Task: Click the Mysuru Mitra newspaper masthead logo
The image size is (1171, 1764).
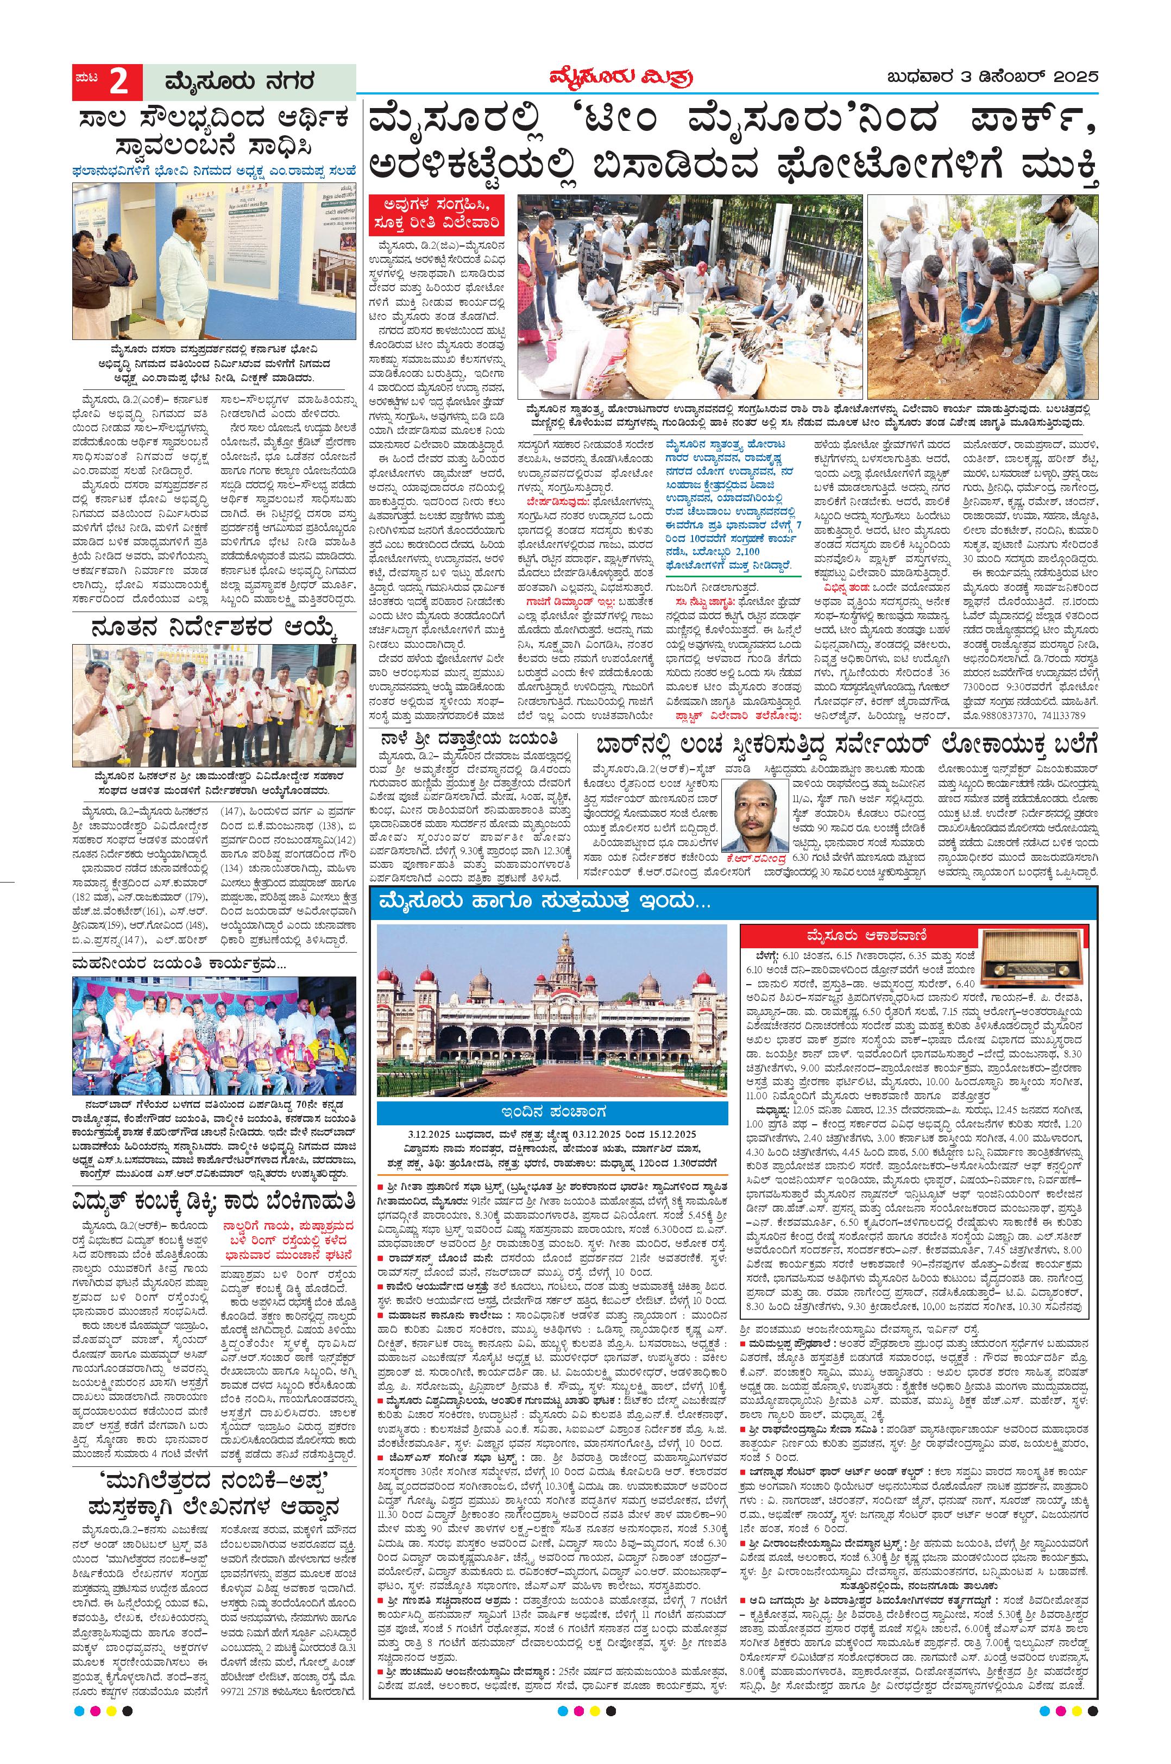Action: pos(615,78)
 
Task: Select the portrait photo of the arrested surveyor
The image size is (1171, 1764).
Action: pos(758,811)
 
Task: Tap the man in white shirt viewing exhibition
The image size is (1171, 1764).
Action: pos(185,276)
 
